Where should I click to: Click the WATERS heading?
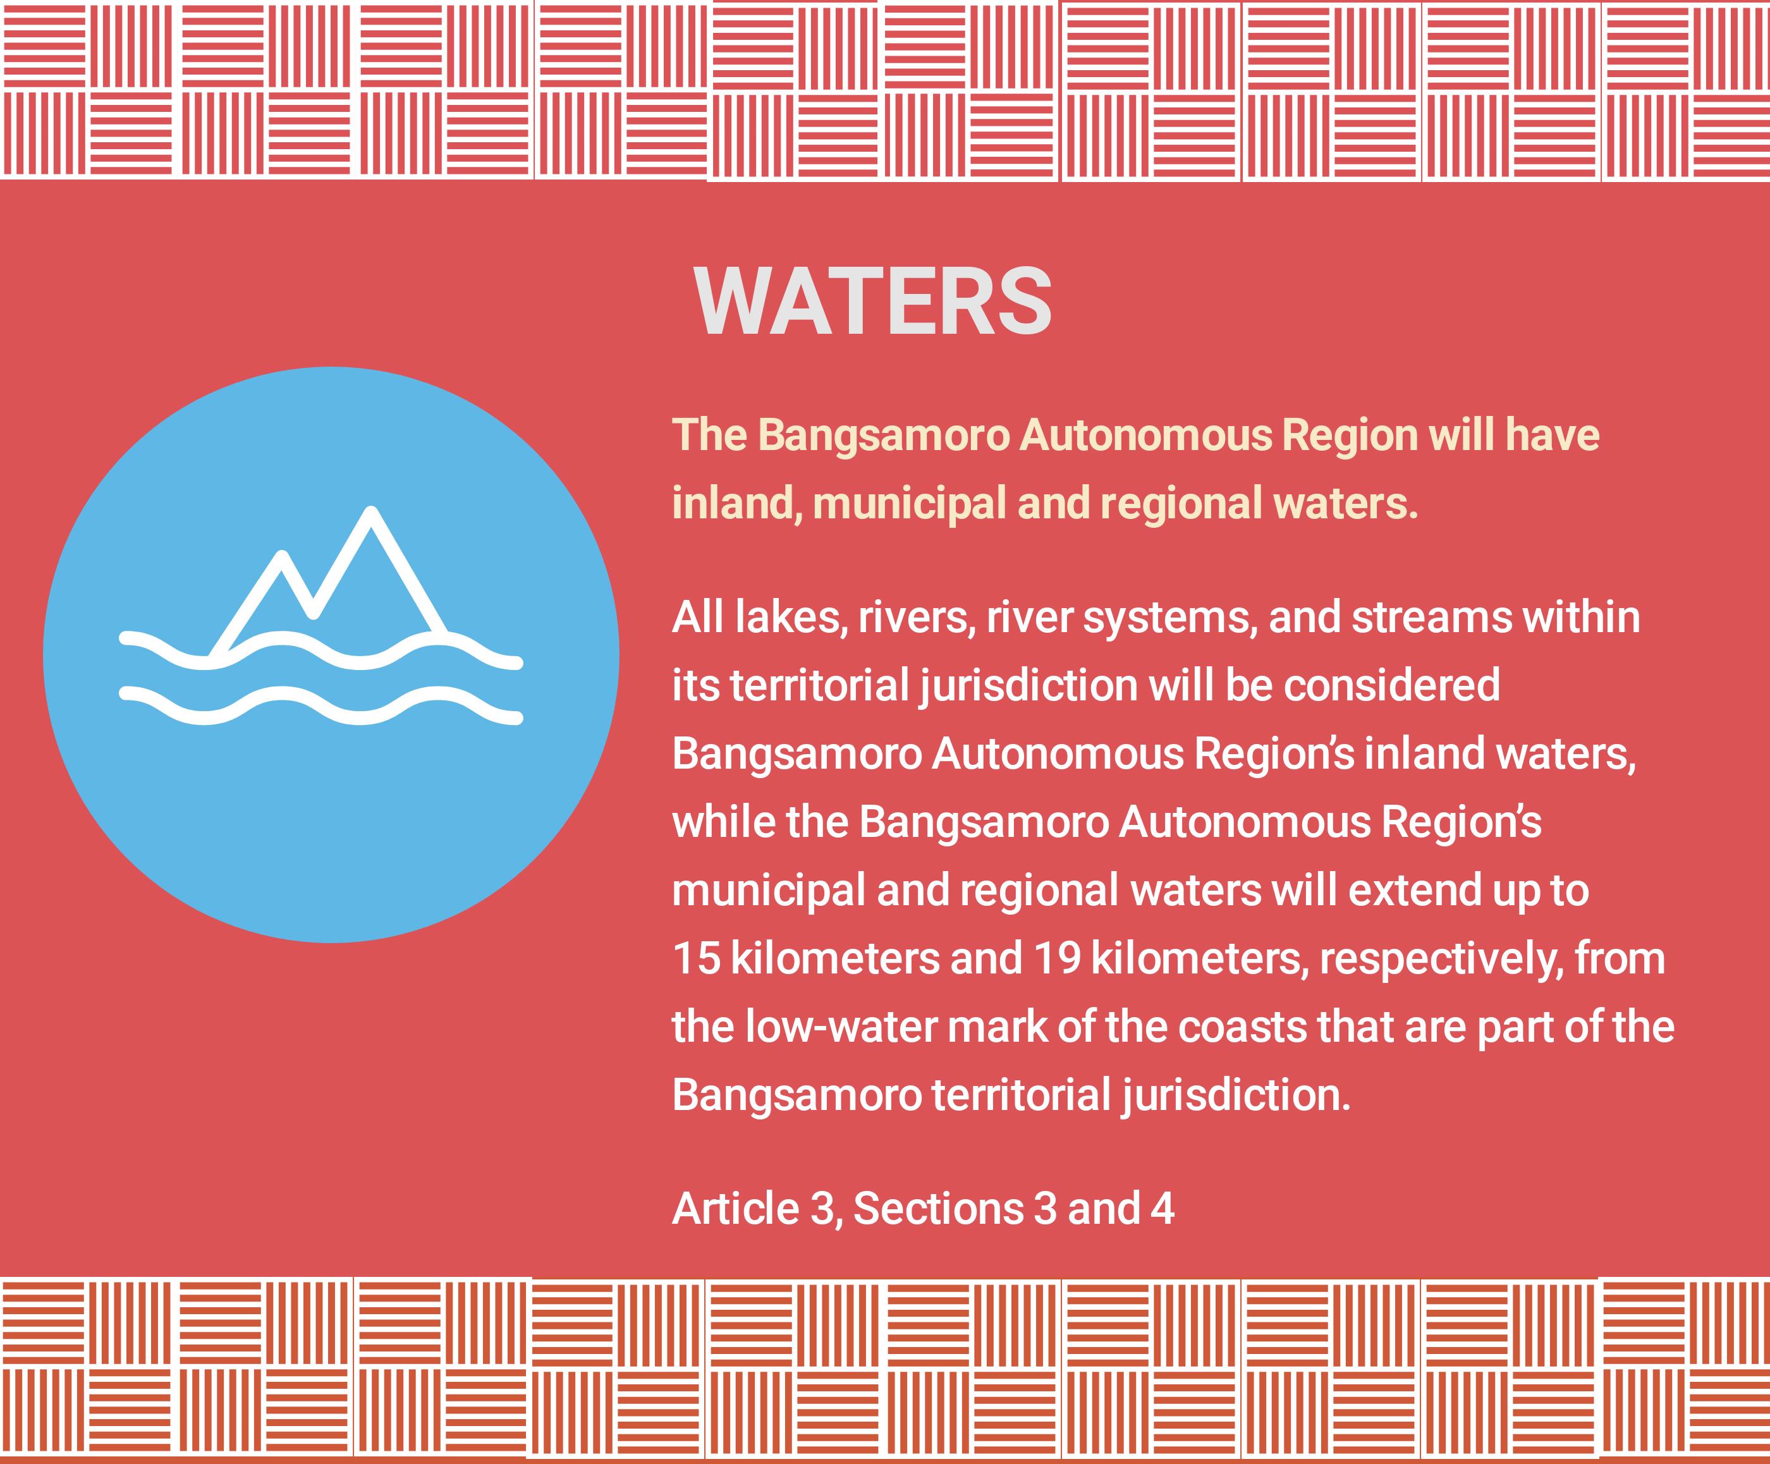(872, 301)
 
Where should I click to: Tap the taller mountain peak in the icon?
(371, 511)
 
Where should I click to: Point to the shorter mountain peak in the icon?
(283, 556)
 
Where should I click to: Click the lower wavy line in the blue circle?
(321, 705)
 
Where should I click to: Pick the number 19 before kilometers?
(1057, 958)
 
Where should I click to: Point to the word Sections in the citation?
(939, 1208)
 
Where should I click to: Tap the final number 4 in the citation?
(1163, 1208)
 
